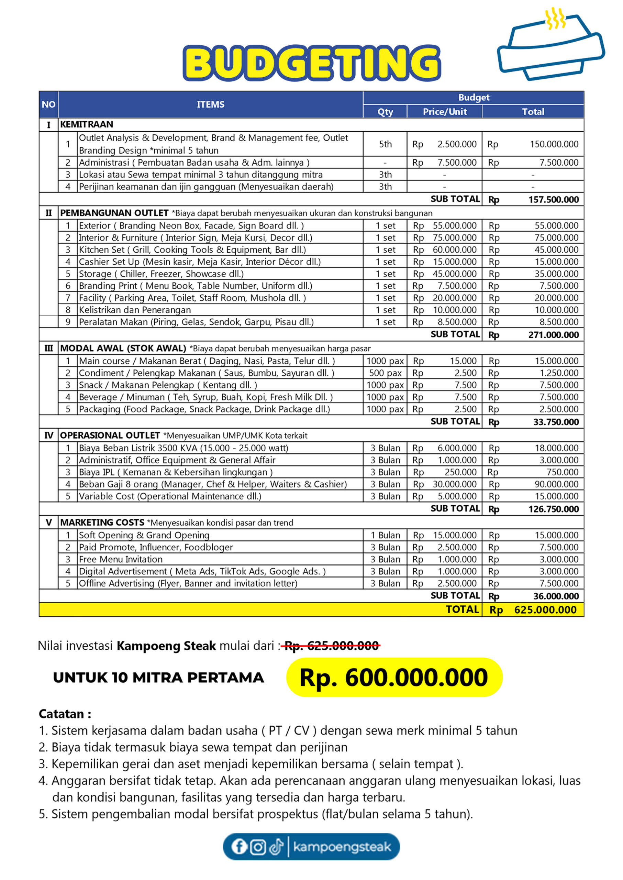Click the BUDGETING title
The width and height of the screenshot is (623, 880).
(x=311, y=63)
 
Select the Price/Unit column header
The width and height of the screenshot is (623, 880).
(x=445, y=112)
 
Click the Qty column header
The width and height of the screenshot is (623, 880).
(x=385, y=112)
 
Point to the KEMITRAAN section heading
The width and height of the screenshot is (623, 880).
(x=87, y=124)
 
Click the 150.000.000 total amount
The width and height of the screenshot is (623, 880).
(x=554, y=144)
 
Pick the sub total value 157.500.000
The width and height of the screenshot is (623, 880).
(x=553, y=200)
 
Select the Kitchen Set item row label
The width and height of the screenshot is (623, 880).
(x=192, y=250)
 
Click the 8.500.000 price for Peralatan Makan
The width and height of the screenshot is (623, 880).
(x=457, y=322)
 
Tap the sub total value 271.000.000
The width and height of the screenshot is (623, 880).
(x=553, y=335)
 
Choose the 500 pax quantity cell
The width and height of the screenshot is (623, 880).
(x=385, y=373)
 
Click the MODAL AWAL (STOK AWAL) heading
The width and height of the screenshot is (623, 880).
(x=123, y=349)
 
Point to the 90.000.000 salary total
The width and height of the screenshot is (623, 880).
(x=556, y=484)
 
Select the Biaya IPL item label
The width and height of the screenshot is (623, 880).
(x=176, y=472)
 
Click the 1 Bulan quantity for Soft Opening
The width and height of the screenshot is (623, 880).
(x=385, y=535)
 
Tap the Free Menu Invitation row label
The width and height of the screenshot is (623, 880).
(x=121, y=559)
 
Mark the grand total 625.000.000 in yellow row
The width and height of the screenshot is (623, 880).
(x=545, y=610)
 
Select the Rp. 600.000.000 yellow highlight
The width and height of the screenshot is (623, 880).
(x=394, y=678)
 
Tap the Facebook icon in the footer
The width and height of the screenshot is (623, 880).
(x=238, y=847)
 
